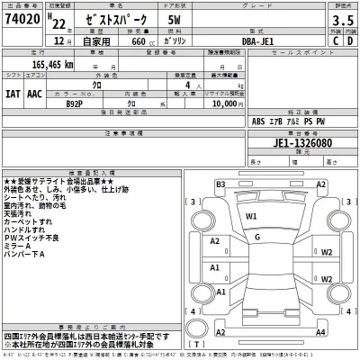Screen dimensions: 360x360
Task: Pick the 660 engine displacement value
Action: pos(137,40)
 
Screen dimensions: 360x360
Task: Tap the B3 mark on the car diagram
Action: pos(220,184)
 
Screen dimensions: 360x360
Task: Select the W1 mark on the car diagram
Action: pos(252,217)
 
